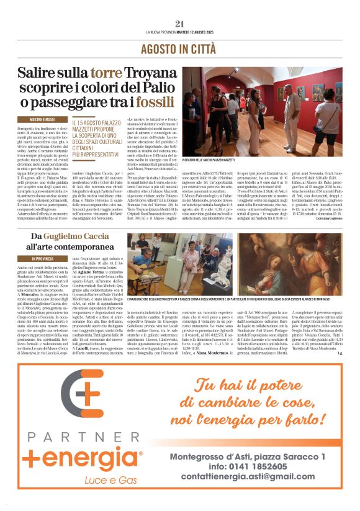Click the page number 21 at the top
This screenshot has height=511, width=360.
(x=180, y=24)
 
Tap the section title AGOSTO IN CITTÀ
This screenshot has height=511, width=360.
(x=179, y=48)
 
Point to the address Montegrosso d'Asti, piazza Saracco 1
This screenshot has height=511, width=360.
(x=254, y=456)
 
